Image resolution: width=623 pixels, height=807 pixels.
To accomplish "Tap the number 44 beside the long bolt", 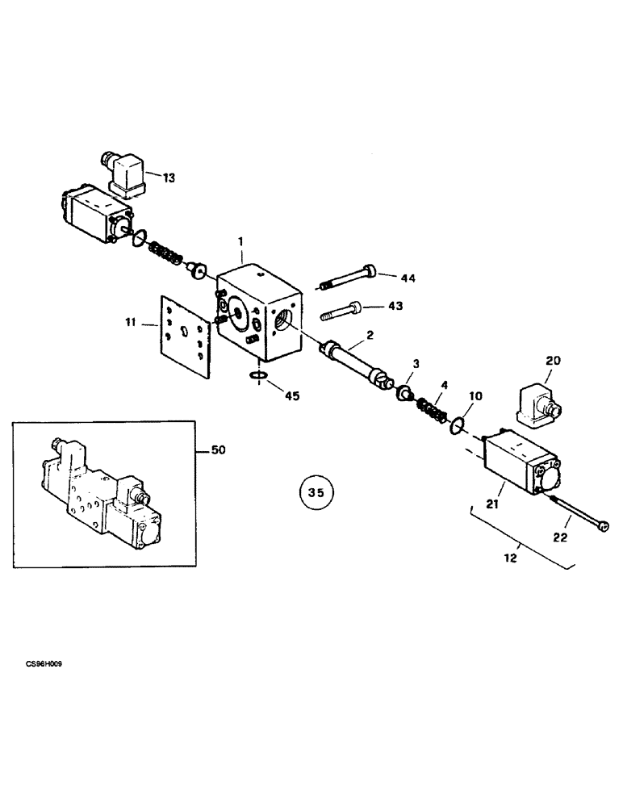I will click(x=408, y=278).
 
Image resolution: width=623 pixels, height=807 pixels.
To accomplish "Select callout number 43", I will click(x=395, y=306).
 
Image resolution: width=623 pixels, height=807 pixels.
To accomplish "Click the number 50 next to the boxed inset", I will click(x=218, y=450).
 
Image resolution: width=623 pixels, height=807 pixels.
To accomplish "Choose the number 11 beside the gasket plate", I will click(x=131, y=324).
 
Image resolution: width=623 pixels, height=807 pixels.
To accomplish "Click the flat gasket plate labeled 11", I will click(x=185, y=334).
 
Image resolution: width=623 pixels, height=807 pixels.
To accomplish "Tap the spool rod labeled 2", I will click(x=353, y=360).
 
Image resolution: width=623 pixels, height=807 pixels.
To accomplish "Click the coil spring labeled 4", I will click(x=433, y=407).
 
